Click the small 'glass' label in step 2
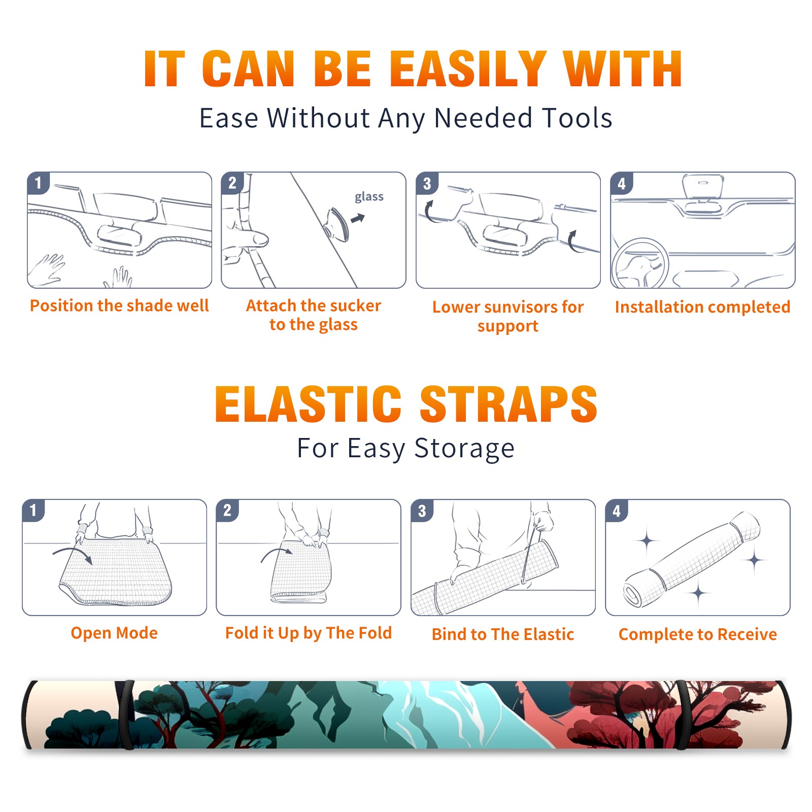[369, 197]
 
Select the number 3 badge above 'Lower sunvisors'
[427, 183]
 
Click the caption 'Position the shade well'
[119, 306]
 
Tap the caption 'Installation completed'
[702, 307]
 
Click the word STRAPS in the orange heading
[509, 404]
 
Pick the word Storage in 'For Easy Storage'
[464, 449]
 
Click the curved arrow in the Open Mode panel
[73, 553]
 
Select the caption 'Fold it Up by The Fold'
[309, 633]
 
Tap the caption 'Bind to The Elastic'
[503, 634]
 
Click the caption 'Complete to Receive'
[698, 634]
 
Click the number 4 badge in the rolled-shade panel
[617, 511]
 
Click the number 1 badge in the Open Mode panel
[33, 511]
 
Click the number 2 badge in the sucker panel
[232, 183]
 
